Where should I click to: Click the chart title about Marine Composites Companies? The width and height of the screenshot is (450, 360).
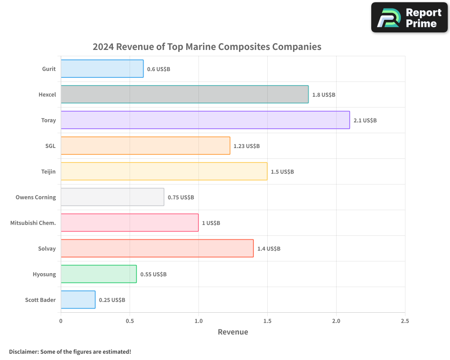tap(207, 46)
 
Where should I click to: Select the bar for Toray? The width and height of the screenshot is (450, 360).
tap(205, 120)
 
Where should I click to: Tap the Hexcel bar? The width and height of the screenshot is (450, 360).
tap(184, 94)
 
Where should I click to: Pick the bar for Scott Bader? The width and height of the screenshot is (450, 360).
tap(78, 300)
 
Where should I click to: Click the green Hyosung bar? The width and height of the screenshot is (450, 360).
tap(99, 274)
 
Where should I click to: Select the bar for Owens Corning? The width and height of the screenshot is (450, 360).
tap(112, 197)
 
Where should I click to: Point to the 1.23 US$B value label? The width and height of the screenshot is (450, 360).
tap(247, 146)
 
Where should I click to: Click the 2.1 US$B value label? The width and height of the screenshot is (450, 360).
tap(365, 121)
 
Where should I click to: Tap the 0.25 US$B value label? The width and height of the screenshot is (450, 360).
tap(112, 300)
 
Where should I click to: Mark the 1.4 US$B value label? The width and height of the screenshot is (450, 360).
tap(269, 249)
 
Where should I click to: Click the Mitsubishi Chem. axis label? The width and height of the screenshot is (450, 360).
tap(33, 223)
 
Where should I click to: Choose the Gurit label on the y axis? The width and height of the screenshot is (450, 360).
tap(49, 69)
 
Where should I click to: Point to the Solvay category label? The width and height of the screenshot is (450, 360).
tap(47, 249)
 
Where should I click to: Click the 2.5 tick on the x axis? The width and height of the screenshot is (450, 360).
tap(405, 321)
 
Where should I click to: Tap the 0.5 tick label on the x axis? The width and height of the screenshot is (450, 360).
tap(130, 321)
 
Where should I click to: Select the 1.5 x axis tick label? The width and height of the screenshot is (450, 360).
tap(267, 321)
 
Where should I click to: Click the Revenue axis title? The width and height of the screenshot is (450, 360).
tap(233, 332)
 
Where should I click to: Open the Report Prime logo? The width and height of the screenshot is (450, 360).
tap(409, 18)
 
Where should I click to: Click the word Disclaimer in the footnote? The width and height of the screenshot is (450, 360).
tap(23, 352)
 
